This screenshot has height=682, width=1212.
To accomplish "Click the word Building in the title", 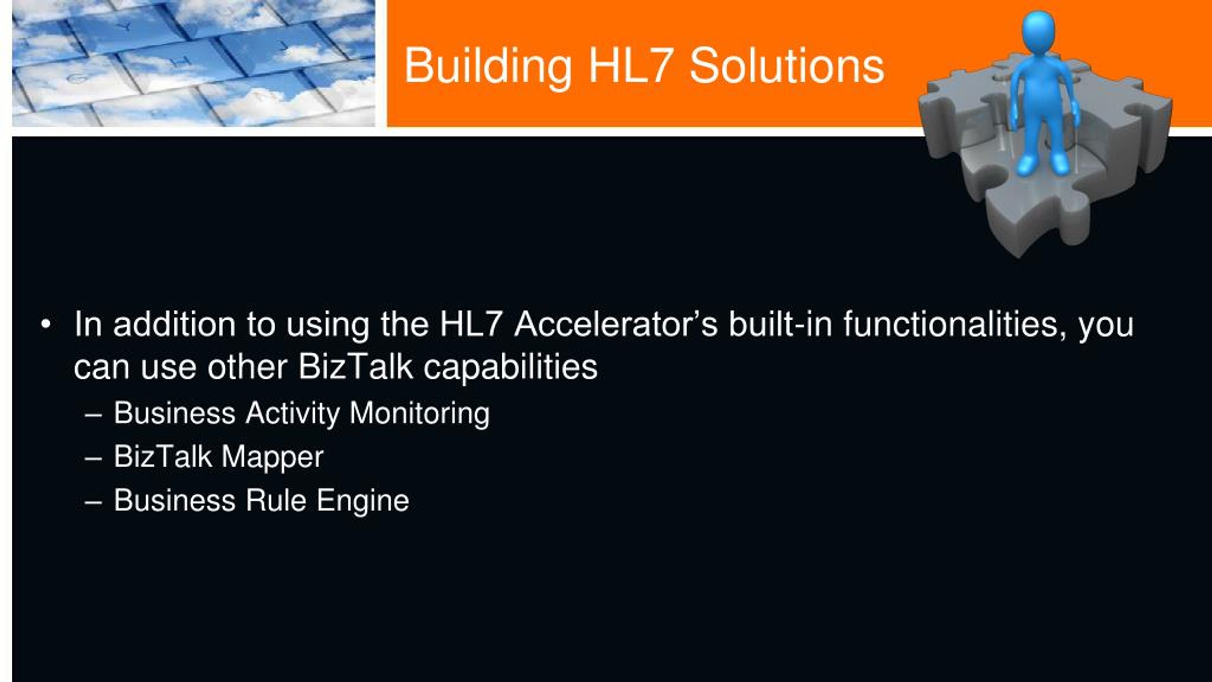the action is [x=488, y=67].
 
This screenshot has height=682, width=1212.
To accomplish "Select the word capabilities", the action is [x=510, y=368].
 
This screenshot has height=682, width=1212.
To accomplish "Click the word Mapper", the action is [x=272, y=458].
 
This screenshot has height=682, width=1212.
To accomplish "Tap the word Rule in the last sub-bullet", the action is [x=276, y=501].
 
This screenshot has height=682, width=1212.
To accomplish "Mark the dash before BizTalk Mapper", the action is [x=93, y=459].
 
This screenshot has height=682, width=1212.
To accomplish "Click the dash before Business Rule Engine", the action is [x=93, y=503].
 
